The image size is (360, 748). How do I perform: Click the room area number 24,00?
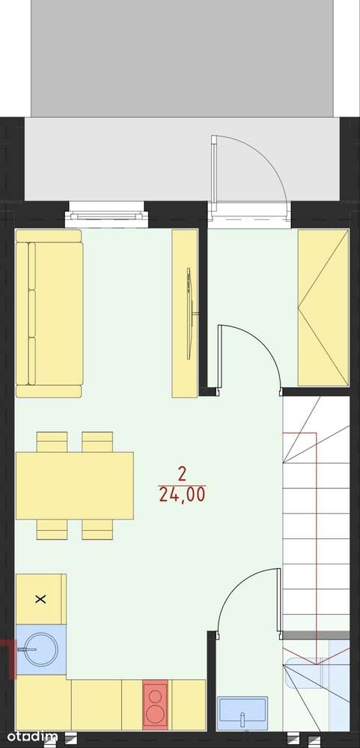[x=182, y=495]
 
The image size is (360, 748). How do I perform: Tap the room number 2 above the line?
[x=182, y=474]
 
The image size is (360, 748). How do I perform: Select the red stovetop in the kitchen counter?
[x=156, y=705]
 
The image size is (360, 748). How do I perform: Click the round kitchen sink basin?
[x=41, y=649]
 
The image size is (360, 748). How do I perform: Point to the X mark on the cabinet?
[x=41, y=599]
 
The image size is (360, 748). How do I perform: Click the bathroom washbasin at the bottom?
[x=242, y=713]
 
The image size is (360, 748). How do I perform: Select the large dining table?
[x=74, y=486]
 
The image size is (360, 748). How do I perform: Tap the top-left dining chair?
[x=52, y=442]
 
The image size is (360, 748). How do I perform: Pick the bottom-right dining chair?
[x=97, y=529]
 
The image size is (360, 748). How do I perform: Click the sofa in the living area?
[x=49, y=314]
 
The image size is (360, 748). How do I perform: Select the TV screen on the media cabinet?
[x=190, y=314]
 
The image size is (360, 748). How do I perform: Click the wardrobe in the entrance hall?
[x=323, y=308]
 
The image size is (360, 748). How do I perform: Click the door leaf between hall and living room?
[x=221, y=357]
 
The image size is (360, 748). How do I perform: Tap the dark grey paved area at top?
[x=182, y=58]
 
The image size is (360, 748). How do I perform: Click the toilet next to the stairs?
[x=306, y=672]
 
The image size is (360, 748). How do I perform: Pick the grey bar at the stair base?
[x=316, y=635]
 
